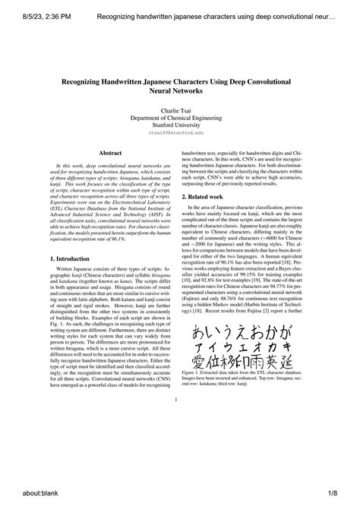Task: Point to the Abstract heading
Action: click(111, 153)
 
